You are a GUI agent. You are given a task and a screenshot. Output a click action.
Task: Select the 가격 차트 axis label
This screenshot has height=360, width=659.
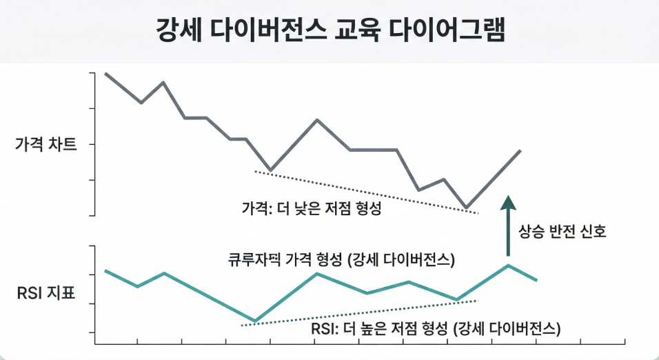(x=46, y=145)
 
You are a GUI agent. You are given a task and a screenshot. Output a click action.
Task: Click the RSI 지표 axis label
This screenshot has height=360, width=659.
(x=46, y=294)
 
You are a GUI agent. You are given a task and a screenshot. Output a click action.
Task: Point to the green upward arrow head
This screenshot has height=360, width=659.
(x=508, y=201)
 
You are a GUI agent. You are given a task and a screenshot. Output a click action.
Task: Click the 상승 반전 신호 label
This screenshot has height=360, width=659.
(x=562, y=232)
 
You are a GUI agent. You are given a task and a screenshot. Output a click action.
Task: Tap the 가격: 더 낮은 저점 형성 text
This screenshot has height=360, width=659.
(x=312, y=208)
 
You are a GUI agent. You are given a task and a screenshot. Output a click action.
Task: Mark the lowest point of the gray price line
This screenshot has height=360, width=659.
(x=467, y=208)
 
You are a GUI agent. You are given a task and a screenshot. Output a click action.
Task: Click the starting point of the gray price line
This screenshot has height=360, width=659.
(x=105, y=73)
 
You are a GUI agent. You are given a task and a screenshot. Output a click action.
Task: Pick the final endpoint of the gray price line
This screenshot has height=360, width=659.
(x=520, y=150)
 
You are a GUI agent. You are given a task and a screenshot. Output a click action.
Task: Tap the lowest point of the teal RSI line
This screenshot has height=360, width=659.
(x=255, y=321)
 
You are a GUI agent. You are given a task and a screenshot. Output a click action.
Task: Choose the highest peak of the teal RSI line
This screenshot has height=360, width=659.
(x=508, y=266)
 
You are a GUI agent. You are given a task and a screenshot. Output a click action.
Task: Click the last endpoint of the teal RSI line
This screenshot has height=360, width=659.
(x=537, y=280)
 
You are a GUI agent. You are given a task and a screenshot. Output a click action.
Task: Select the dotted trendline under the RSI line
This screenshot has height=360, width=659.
(x=358, y=312)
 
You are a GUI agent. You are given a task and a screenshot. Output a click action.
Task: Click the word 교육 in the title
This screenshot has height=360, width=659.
(x=356, y=31)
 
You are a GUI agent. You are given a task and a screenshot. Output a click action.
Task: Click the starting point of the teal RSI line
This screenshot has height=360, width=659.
(x=105, y=270)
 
